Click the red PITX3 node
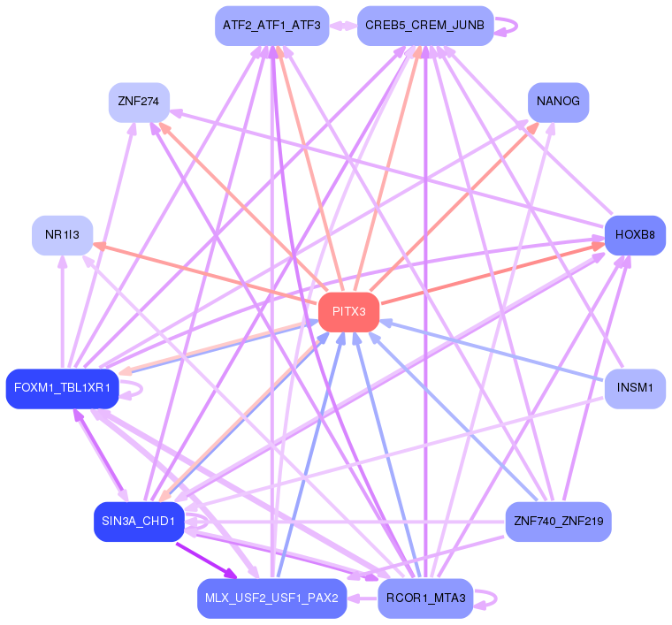pyautogui.click(x=348, y=312)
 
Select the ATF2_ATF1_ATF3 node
pyautogui.click(x=271, y=26)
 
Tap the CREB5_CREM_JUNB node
pyautogui.click(x=424, y=26)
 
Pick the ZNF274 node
pyautogui.click(x=139, y=103)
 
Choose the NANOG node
pyautogui.click(x=558, y=102)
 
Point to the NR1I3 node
pyautogui.click(x=62, y=235)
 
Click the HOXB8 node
pyautogui.click(x=634, y=235)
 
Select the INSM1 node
pyautogui.click(x=634, y=388)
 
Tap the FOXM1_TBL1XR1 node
pyautogui.click(x=62, y=388)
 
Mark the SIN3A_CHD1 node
pyautogui.click(x=139, y=522)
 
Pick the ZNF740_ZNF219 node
pyautogui.click(x=557, y=522)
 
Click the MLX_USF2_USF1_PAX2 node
pyautogui.click(x=271, y=598)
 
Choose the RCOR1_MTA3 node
pyautogui.click(x=425, y=598)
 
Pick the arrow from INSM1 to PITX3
pyautogui.click(x=495, y=351)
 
